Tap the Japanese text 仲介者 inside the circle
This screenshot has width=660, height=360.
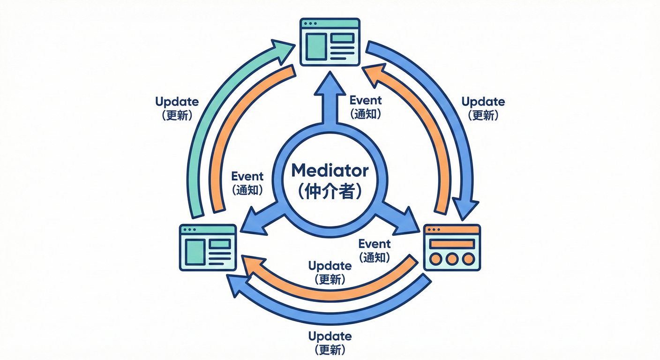coord(330,191)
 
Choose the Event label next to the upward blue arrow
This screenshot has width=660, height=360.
coord(366,100)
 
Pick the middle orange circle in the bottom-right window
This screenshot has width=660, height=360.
coord(452,258)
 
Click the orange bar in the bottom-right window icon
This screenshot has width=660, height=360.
coord(452,244)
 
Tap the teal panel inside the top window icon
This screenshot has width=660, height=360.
coord(315,44)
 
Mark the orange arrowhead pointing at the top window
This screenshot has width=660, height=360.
coord(373,75)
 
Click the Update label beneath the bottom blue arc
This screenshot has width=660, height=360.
coord(330,336)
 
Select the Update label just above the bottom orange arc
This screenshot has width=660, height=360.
coord(330,266)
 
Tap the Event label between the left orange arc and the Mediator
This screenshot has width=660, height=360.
coord(247,177)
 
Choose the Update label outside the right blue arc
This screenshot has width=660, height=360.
coord(483,102)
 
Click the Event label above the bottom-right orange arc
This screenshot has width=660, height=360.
coord(374,244)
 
